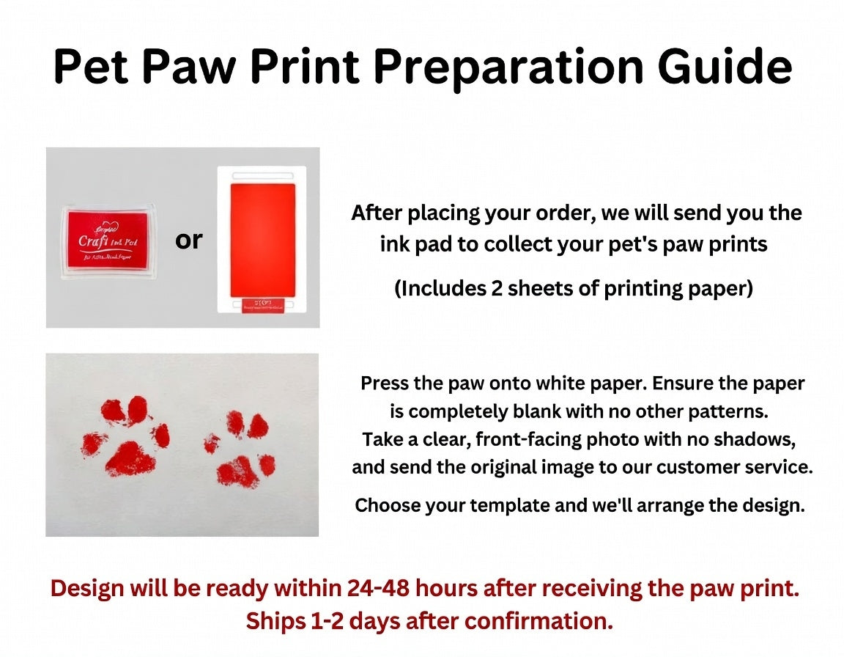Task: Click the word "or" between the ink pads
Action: click(x=188, y=240)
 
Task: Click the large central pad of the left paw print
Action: click(x=131, y=460)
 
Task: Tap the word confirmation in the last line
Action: click(x=537, y=621)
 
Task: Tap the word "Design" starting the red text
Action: click(x=95, y=588)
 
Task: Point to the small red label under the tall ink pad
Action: click(x=262, y=303)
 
